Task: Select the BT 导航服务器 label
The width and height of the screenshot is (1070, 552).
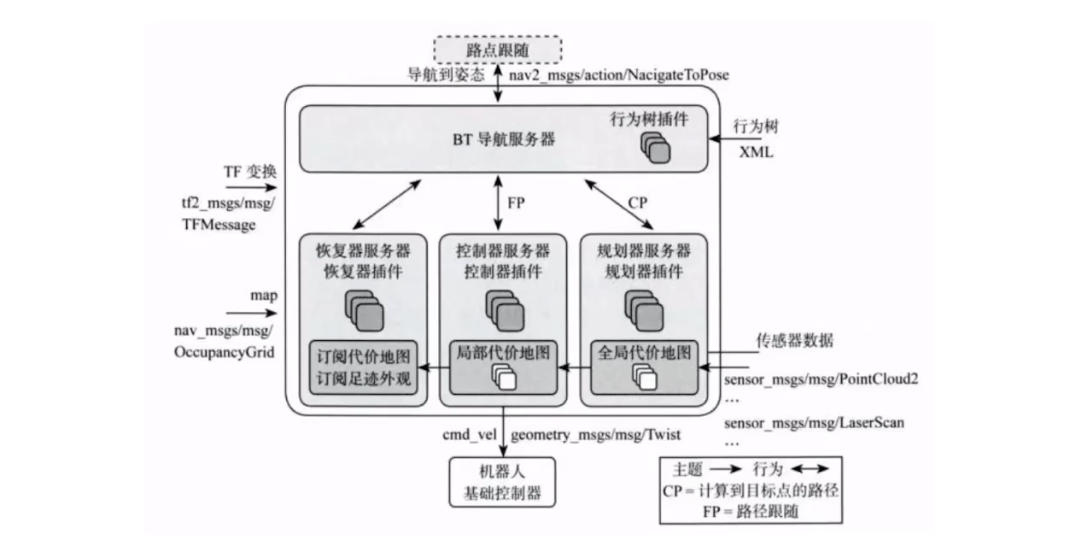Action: tap(504, 138)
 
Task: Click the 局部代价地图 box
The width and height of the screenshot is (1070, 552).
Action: tap(502, 365)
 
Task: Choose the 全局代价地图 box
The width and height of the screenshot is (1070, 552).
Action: tap(643, 365)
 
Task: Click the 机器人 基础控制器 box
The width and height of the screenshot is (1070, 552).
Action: tap(501, 483)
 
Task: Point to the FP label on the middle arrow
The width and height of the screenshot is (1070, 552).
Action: tap(516, 204)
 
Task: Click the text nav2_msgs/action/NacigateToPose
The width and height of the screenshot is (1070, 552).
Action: tap(619, 75)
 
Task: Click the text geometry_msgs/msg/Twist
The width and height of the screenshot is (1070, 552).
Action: tap(595, 435)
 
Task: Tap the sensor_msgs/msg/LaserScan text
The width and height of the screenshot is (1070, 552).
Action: tap(813, 422)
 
